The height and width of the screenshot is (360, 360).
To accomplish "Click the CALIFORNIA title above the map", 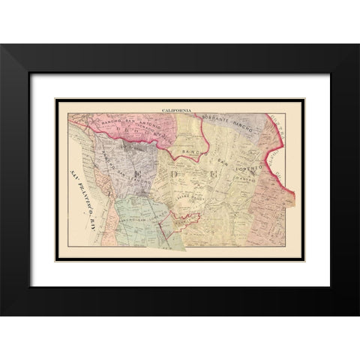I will tap(176, 110).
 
